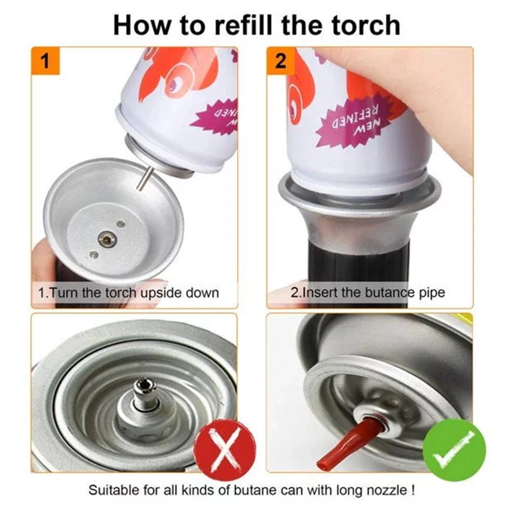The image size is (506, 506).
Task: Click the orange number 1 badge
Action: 45,61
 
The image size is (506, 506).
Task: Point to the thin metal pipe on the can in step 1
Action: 144,178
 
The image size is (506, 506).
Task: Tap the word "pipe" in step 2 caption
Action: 432,293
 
